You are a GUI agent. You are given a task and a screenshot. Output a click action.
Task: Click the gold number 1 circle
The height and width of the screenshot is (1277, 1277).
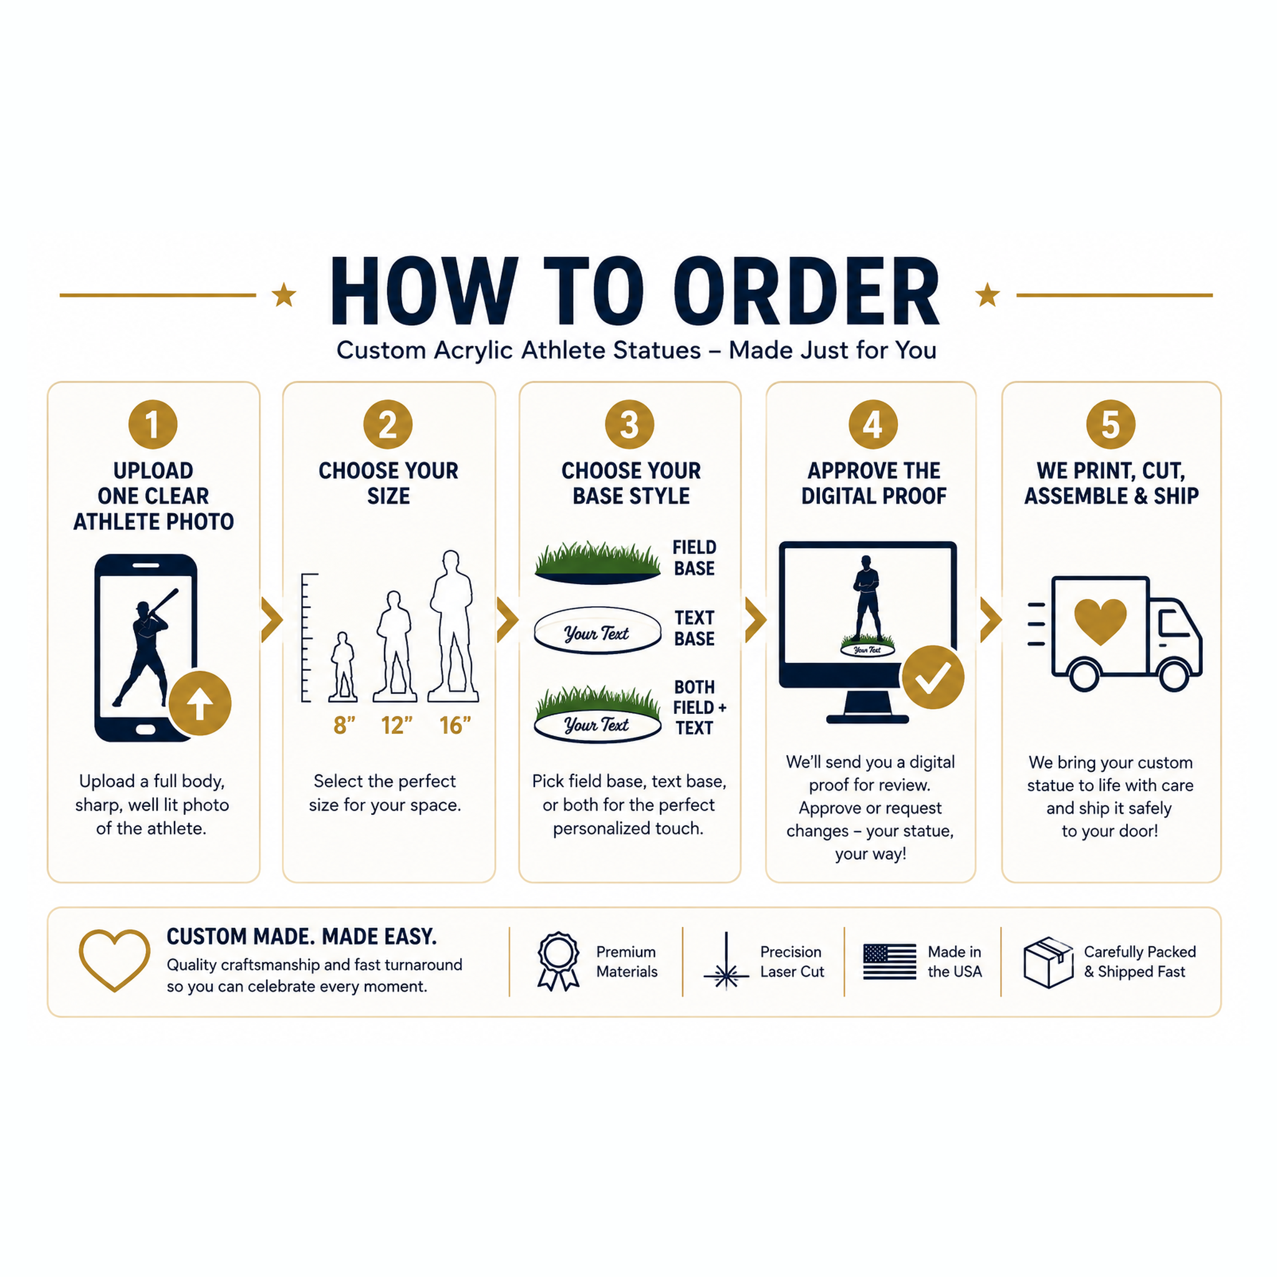153,425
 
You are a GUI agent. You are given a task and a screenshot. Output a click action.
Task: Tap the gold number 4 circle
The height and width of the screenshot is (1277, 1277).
873,425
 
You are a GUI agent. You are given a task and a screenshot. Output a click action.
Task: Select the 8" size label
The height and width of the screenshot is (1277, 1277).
344,725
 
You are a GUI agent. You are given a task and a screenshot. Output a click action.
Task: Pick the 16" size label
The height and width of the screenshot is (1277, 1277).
455,725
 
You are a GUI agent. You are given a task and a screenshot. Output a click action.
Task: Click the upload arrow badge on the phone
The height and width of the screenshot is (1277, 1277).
200,703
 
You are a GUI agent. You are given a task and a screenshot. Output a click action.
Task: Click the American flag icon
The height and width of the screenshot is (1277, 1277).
890,961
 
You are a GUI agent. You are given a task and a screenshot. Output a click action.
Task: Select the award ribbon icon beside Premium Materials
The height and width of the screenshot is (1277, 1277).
559,961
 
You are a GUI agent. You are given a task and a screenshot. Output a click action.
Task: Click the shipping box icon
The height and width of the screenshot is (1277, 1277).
1048,962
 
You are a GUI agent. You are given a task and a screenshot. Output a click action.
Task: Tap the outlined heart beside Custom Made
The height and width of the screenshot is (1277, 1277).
114,960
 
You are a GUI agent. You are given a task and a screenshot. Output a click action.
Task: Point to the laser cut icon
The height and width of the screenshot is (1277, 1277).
726,961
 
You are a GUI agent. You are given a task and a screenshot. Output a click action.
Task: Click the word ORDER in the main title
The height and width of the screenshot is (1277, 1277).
806,291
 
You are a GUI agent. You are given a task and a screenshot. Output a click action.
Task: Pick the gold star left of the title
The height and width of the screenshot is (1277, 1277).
284,295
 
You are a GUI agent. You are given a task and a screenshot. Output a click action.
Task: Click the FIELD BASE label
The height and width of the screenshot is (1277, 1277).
694,558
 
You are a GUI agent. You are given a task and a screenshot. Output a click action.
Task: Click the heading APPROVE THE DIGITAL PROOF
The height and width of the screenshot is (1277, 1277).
874,483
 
